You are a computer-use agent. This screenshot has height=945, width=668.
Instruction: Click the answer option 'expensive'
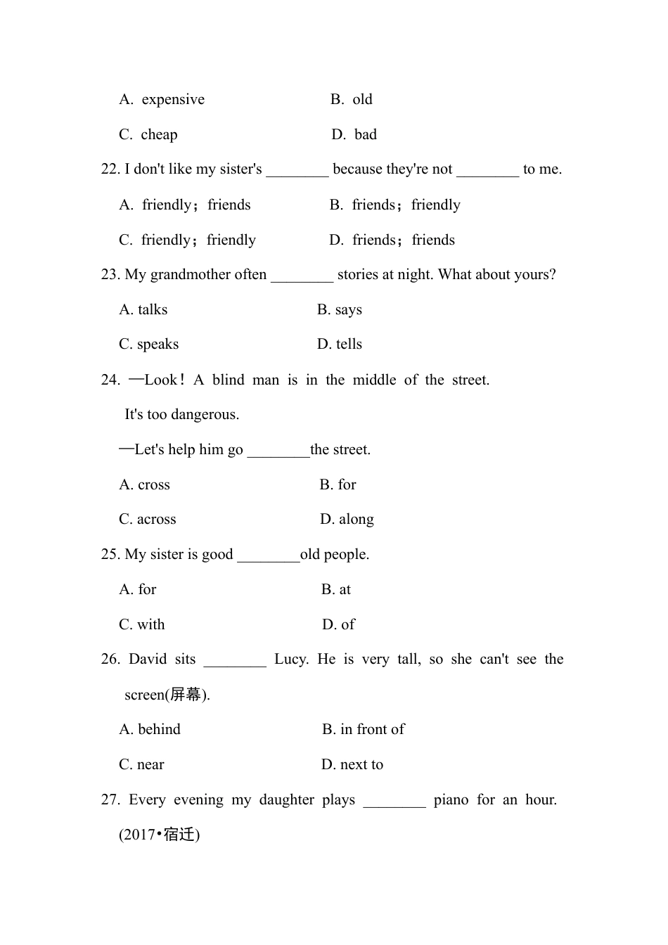172,100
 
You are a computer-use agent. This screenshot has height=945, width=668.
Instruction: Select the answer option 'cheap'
159,135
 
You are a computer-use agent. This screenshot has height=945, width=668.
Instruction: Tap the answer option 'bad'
365,135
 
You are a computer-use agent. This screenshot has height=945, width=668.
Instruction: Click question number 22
110,169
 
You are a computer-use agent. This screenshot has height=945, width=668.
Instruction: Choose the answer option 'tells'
349,345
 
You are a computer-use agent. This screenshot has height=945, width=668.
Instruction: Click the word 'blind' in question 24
229,380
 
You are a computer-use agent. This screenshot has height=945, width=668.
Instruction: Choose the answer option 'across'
156,520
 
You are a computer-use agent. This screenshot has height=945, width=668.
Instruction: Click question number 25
110,555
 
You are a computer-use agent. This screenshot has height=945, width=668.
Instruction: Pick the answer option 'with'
150,625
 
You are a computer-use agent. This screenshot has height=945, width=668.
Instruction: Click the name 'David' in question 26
148,660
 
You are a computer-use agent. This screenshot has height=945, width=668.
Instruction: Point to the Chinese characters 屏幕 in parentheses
186,695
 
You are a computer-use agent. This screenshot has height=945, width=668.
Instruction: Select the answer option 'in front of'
372,730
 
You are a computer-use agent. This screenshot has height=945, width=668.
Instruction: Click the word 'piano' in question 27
451,800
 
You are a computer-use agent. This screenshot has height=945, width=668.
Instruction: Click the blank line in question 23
302,276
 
